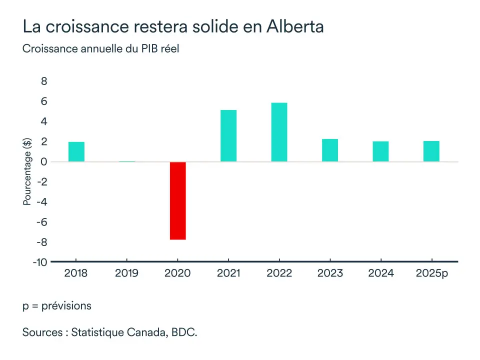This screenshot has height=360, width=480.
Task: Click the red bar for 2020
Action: (178, 200)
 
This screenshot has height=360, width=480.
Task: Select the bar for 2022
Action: (279, 132)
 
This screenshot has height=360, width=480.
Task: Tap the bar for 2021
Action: (228, 135)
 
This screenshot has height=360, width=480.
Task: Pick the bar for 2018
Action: (76, 151)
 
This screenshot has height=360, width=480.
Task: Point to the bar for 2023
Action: (330, 150)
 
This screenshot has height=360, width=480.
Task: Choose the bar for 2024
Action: (380, 151)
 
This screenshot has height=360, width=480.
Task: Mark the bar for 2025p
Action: (431, 151)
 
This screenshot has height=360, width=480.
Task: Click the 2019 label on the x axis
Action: (127, 273)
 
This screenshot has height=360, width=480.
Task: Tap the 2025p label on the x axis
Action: (432, 273)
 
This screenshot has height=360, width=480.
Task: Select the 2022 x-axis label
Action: (279, 273)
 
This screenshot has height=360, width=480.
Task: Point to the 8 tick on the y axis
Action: (44, 81)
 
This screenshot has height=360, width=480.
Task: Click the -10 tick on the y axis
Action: (40, 262)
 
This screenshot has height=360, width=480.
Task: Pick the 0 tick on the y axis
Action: (44, 162)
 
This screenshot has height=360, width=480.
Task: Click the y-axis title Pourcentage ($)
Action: (27, 171)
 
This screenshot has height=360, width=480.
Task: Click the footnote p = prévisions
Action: (57, 305)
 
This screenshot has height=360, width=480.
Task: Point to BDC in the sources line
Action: (184, 332)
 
